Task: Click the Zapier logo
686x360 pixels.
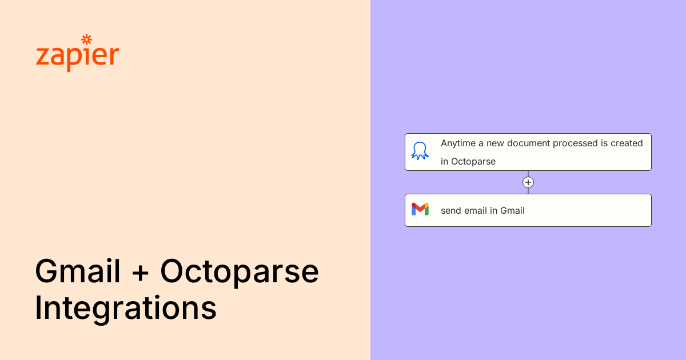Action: (77, 53)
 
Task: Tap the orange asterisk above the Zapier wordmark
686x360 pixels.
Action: (87, 40)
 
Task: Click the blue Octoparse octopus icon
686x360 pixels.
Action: (420, 151)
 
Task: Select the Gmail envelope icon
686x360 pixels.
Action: (420, 209)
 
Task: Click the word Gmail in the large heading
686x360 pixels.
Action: (78, 271)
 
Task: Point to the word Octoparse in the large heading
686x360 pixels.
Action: (240, 273)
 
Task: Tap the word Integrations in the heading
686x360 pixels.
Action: (126, 308)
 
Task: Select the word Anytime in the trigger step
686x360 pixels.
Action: (458, 143)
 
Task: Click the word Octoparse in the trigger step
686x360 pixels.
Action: (473, 162)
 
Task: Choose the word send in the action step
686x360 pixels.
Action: (451, 211)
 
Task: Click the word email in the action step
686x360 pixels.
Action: (476, 211)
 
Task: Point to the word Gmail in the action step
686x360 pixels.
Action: (512, 211)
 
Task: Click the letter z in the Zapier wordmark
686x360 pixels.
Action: (42, 57)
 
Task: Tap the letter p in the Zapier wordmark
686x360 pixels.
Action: (73, 59)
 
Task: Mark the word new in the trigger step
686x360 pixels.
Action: (495, 144)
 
